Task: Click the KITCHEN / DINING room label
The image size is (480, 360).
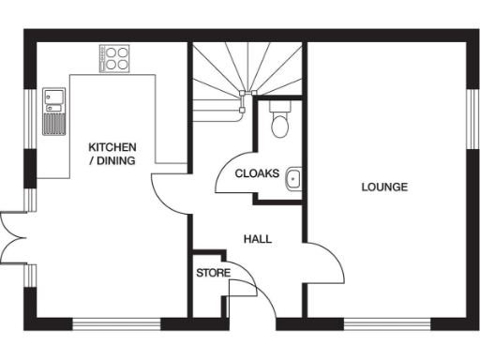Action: pos(112,154)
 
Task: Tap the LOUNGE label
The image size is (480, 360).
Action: pos(384,187)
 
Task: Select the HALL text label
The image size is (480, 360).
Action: pos(257,239)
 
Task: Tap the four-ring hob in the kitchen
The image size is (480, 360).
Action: pos(115,59)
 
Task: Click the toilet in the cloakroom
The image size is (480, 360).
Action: pos(278,122)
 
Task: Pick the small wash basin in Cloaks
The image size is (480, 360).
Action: pos(293,176)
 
